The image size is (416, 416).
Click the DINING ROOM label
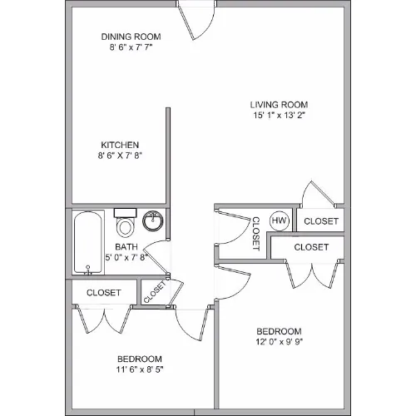131,37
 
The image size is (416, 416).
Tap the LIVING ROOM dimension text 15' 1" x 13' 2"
279,115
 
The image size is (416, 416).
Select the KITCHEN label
120,145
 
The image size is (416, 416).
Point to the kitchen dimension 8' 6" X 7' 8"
120,156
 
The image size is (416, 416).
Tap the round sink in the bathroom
152,220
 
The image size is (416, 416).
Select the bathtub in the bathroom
88,243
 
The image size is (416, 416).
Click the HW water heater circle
279,220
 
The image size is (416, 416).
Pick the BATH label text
126,246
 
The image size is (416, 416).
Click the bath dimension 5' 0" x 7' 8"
126,257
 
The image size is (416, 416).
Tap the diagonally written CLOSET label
155,291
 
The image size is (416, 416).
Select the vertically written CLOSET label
255,234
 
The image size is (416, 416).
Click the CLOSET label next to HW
321,221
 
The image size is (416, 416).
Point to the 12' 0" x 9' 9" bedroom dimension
279,342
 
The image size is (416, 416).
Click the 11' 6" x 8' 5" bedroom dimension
140,369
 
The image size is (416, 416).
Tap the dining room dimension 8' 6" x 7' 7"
131,47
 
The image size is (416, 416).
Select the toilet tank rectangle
125,213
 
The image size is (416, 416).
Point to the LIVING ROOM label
279,105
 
